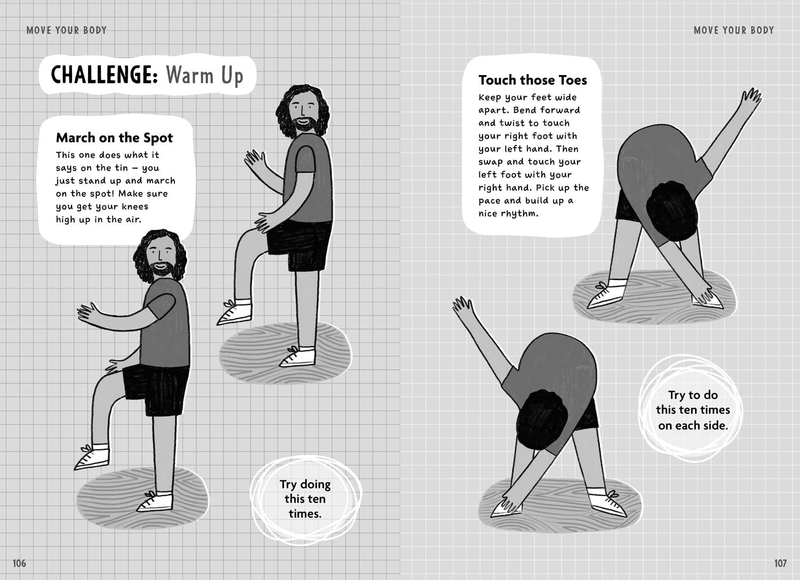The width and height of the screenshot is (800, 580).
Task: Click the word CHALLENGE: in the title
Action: click(x=105, y=75)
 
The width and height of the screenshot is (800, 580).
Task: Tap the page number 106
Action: click(x=19, y=563)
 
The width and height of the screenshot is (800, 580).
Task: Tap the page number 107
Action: click(x=780, y=563)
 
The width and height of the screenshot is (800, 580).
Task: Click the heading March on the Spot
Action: click(x=114, y=138)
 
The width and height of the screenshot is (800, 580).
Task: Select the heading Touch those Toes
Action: click(x=532, y=80)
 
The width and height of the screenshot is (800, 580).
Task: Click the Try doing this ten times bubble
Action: click(x=306, y=499)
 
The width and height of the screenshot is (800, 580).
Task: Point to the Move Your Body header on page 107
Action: click(x=733, y=30)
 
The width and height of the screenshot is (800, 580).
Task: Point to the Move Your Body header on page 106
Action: click(x=67, y=30)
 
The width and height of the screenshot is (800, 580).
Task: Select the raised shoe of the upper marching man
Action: click(x=234, y=312)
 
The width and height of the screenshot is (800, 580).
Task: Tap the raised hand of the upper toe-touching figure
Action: click(x=751, y=98)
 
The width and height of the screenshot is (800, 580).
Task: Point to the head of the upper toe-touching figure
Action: click(x=671, y=211)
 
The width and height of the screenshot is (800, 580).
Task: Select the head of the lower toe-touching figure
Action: click(x=542, y=420)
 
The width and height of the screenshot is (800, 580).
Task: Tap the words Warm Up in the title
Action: click(x=204, y=76)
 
